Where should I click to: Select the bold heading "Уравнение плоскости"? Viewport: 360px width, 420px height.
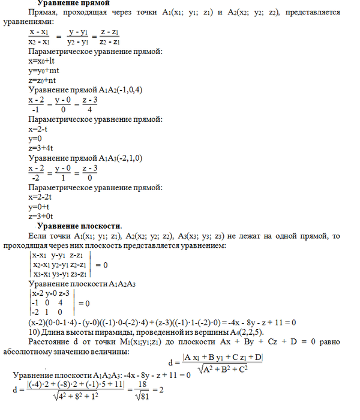[x=79, y=226]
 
